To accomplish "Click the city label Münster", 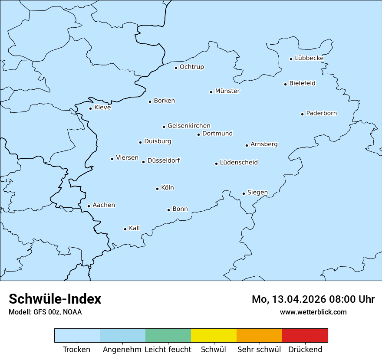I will [x=227, y=91].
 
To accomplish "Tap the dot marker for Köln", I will [x=157, y=189].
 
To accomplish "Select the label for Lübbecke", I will [x=309, y=58].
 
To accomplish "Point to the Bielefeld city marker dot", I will [x=285, y=84].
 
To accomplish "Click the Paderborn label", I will [x=321, y=113].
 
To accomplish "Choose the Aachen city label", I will [x=104, y=205].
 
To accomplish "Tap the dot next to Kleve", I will [x=90, y=108].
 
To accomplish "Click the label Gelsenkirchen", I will [x=189, y=126].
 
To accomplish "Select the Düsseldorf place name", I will [x=164, y=160].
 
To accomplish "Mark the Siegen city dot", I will [x=244, y=193].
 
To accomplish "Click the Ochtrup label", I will [x=191, y=67].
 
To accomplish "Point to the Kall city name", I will [x=135, y=228].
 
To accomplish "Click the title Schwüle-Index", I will [x=55, y=299].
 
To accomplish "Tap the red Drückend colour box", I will [x=305, y=335].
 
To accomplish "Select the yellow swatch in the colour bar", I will [x=214, y=335].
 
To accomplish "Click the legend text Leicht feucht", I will [x=168, y=350].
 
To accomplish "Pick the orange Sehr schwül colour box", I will [x=259, y=335].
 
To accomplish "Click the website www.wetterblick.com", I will [x=313, y=312].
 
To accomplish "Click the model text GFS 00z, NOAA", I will [x=57, y=312].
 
